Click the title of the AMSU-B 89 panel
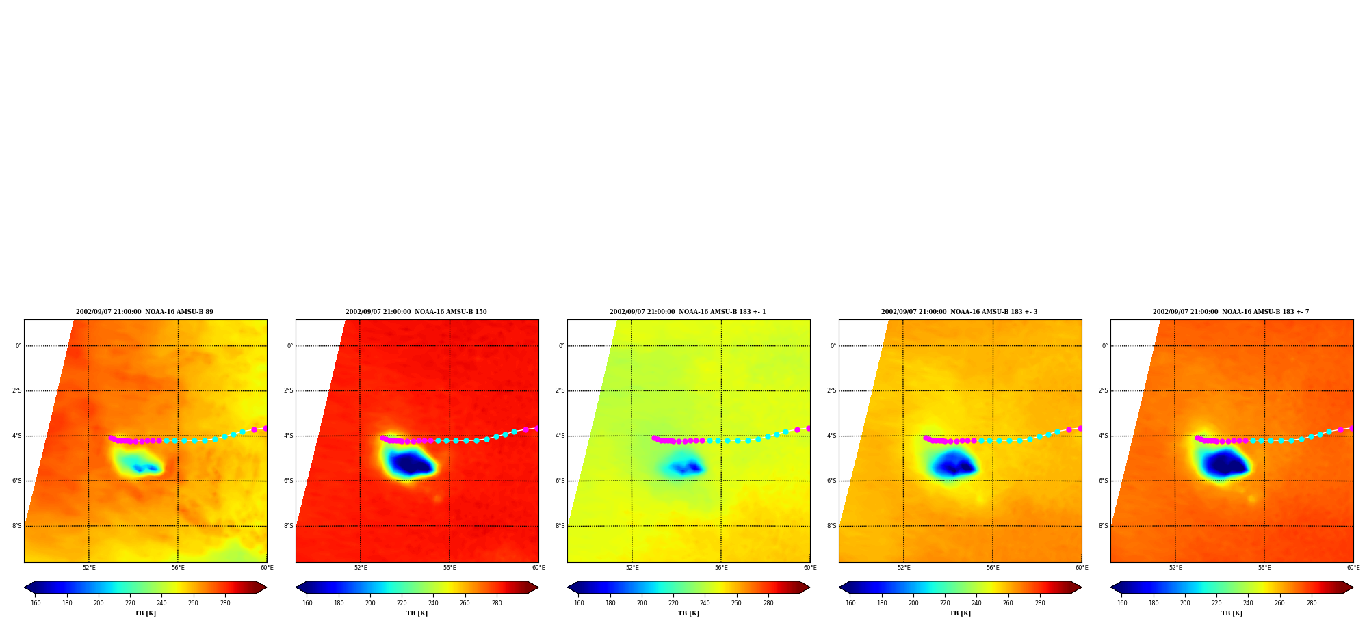coord(144,312)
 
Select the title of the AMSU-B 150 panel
coord(416,312)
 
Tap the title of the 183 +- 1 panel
coord(688,312)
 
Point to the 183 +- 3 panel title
coord(959,312)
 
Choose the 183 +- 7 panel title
coord(1231,312)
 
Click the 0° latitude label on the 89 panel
coord(18,346)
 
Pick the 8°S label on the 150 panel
coord(288,526)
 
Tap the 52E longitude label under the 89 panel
coord(89,568)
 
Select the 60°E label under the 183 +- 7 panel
coord(1353,568)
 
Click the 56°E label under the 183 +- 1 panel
coord(721,568)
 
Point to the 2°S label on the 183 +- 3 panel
coord(831,391)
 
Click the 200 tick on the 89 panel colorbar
coord(99,603)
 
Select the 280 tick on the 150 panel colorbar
coord(497,603)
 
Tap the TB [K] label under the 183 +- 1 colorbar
coord(688,613)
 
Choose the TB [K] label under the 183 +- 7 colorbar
coord(1232,613)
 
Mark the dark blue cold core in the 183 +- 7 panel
coord(1225,464)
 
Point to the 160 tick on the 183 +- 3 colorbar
coord(850,603)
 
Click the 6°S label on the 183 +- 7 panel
coord(1103,481)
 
